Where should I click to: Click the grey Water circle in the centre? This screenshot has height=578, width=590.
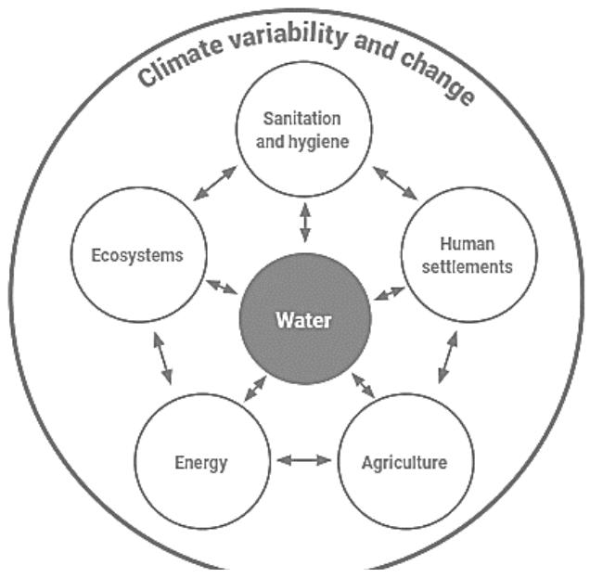click(x=305, y=321)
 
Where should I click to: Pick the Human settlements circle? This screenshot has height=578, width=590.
click(x=468, y=256)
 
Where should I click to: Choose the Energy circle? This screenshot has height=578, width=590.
click(x=200, y=460)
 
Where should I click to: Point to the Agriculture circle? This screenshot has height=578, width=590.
click(x=404, y=460)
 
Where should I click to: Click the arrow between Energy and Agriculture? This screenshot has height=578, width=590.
click(x=303, y=459)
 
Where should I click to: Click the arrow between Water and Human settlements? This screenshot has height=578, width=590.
click(x=389, y=295)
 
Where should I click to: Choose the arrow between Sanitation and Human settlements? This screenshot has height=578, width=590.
click(x=395, y=182)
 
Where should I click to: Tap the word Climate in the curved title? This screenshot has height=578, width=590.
click(x=177, y=60)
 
